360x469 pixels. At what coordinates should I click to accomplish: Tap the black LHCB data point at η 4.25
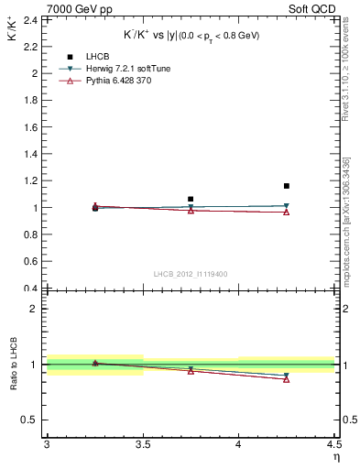coord(287,186)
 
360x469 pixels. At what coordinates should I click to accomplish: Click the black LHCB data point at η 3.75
coord(191,199)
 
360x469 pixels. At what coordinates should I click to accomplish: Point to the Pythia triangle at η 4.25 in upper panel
coord(287,213)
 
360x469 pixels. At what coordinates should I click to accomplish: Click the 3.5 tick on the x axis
coord(143,446)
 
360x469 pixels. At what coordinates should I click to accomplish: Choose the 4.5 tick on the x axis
coord(333,446)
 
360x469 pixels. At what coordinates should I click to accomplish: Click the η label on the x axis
coord(335,457)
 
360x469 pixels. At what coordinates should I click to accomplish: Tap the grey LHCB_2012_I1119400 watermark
coord(191,274)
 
